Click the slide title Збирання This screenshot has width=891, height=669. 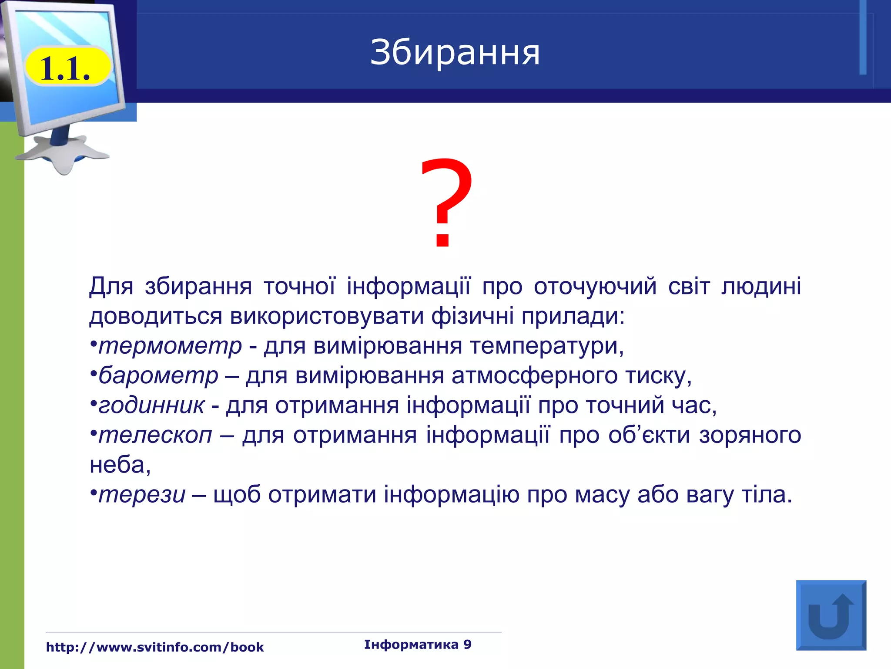(455, 53)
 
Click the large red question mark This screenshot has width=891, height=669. (446, 203)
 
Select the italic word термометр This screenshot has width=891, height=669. (170, 346)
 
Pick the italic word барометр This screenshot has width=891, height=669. (158, 376)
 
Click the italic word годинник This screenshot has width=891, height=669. (151, 405)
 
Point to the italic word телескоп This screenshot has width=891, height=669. (155, 435)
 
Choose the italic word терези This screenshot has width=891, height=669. (142, 495)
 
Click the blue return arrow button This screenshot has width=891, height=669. (831, 615)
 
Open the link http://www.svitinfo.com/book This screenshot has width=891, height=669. (155, 647)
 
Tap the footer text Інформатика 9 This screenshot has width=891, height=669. (418, 645)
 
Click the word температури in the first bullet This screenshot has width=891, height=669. (546, 346)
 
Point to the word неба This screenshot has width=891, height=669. (119, 465)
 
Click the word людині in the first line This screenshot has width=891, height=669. (761, 287)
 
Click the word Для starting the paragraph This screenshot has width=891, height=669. (111, 287)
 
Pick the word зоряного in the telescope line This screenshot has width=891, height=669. (750, 435)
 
